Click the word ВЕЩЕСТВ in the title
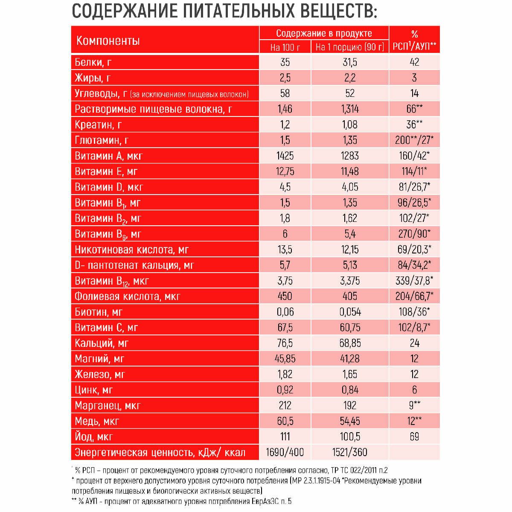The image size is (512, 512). pyautogui.click(x=337, y=11)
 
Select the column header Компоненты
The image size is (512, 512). pyautogui.click(x=108, y=41)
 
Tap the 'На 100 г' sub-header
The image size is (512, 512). pyautogui.click(x=285, y=47)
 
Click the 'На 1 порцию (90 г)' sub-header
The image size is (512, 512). pyautogui.click(x=350, y=47)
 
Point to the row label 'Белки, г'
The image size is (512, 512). pyautogui.click(x=93, y=62)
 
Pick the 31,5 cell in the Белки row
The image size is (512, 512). pyautogui.click(x=350, y=62)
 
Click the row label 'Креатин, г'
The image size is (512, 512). pyautogui.click(x=98, y=125)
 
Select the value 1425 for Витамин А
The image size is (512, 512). pyautogui.click(x=285, y=156)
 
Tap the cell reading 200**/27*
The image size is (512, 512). pyautogui.click(x=414, y=140)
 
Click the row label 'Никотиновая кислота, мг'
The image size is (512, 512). pyautogui.click(x=131, y=250)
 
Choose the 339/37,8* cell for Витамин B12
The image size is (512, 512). pyautogui.click(x=414, y=281)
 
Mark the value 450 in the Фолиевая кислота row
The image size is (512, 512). pyautogui.click(x=285, y=296)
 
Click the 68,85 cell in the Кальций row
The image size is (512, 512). pyautogui.click(x=350, y=343)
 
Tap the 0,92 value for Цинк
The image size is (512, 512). pyautogui.click(x=285, y=390)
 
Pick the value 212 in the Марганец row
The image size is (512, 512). pyautogui.click(x=285, y=405)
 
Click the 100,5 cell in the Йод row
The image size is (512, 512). pyautogui.click(x=350, y=436)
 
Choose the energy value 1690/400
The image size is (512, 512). pyautogui.click(x=285, y=452)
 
